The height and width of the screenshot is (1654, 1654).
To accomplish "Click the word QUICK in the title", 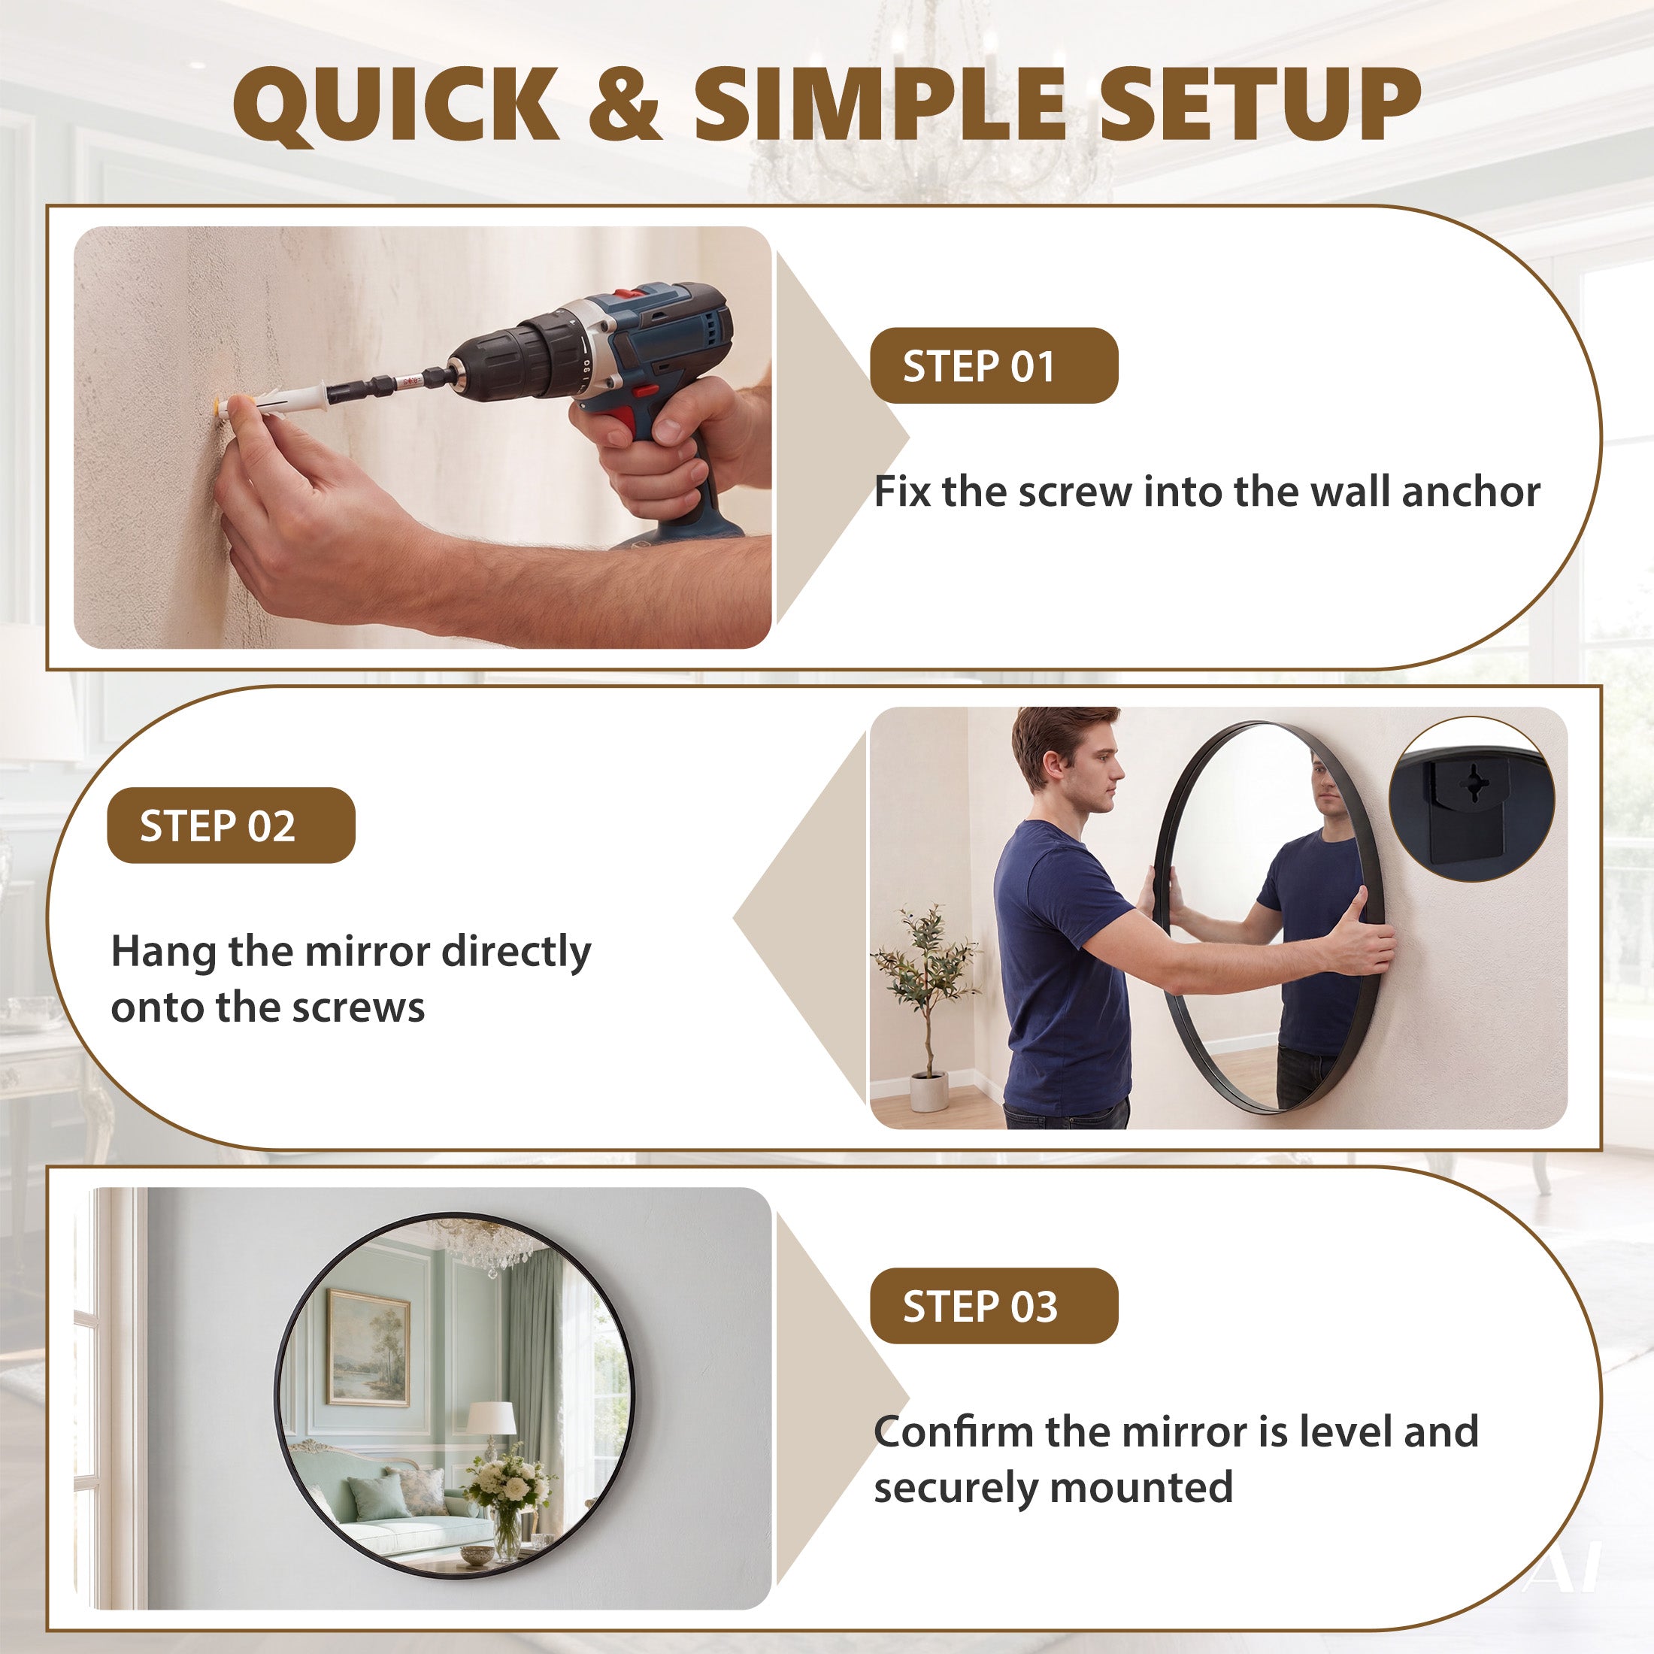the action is (x=396, y=105).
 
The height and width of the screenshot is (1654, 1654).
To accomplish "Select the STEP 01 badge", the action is (x=994, y=365).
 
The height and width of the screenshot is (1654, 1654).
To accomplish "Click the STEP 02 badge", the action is (x=231, y=825).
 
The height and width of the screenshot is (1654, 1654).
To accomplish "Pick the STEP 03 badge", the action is (x=994, y=1306).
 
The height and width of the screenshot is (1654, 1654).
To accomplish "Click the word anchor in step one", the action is (x=1471, y=492).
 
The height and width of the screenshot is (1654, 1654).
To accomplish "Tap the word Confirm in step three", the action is (x=951, y=1431).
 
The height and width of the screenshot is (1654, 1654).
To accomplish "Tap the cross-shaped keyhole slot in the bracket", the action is (x=1474, y=783).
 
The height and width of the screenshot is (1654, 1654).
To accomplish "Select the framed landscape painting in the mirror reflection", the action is (x=369, y=1348).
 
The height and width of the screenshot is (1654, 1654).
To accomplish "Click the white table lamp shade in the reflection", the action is (x=492, y=1417).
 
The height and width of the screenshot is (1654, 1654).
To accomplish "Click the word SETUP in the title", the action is (x=1259, y=104).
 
